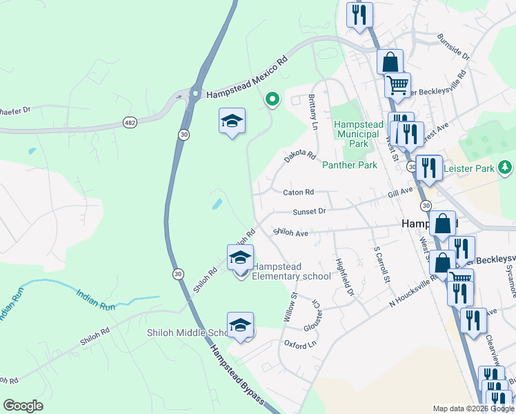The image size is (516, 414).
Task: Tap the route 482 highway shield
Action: click(130, 122)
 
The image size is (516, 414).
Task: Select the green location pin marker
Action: click(272, 100)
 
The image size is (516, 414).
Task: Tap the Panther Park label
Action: click(350, 165)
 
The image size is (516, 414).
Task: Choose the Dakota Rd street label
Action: click(299, 158)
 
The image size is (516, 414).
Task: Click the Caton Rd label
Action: click(297, 192)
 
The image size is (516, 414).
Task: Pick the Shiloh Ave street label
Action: click(290, 233)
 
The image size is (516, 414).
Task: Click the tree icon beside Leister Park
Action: click(506, 166)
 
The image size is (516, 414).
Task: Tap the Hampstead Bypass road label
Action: click(237, 371)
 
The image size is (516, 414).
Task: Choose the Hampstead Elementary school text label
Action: click(291, 271)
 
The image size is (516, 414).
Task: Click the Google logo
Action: click(23, 406)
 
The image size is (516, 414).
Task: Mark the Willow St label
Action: click(290, 308)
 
